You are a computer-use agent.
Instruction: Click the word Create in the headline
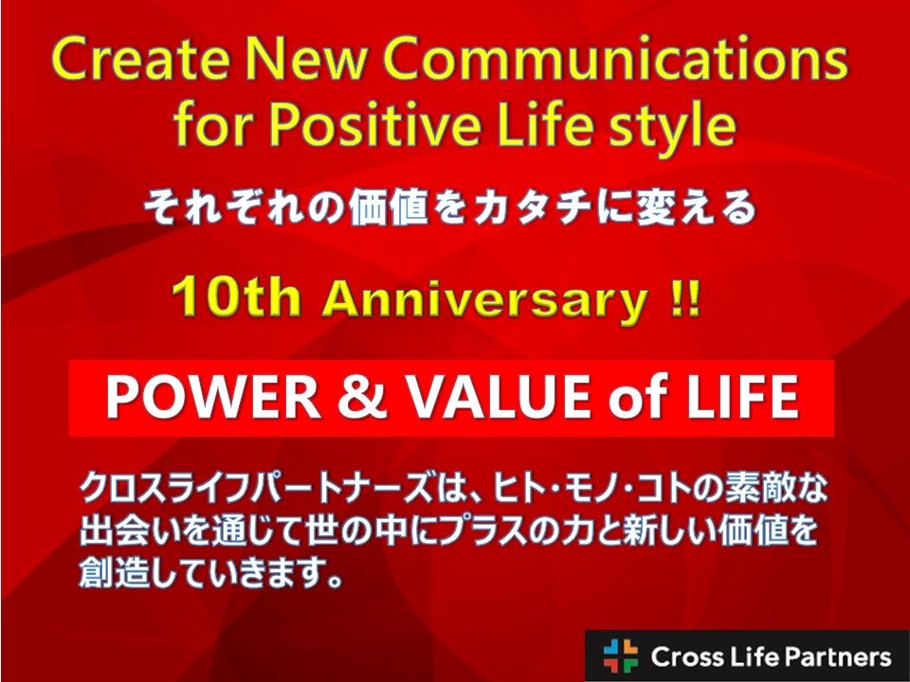[x=140, y=60]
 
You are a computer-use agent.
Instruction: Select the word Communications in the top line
[x=615, y=60]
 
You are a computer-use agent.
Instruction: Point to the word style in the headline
[x=674, y=127]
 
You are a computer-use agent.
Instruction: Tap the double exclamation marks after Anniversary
[x=685, y=298]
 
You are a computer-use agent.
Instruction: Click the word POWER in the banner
[x=213, y=397]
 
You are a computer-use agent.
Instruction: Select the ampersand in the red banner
[x=362, y=397]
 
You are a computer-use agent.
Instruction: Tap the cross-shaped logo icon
[x=620, y=655]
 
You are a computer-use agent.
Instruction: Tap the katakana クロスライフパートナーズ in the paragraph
[x=257, y=489]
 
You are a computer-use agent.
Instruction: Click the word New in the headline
[x=306, y=60]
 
